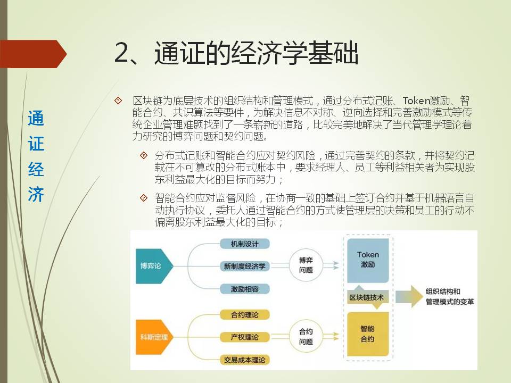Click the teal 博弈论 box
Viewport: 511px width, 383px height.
tap(153, 266)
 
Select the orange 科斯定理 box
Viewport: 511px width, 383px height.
tap(153, 337)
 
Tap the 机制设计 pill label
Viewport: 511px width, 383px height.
tap(245, 244)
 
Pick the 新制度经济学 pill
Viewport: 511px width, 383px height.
tap(245, 266)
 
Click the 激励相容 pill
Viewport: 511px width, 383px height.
tap(245, 289)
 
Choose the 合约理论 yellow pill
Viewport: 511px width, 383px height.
tap(245, 314)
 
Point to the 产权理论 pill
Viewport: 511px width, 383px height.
tap(245, 337)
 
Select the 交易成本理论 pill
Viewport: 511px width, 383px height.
tap(245, 360)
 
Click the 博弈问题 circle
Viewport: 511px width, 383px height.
tap(306, 265)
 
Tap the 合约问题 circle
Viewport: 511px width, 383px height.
tap(306, 336)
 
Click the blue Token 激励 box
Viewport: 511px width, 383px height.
tap(368, 261)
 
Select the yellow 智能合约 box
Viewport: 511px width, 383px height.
tap(368, 334)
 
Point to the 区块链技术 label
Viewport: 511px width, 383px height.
tap(366, 297)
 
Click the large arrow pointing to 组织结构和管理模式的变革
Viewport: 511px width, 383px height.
tap(409, 296)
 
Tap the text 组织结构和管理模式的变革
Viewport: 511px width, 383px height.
tap(450, 297)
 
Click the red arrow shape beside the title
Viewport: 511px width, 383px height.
tap(32, 54)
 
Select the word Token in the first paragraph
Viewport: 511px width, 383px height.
tap(416, 101)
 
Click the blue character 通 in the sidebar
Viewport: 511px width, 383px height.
tap(36, 118)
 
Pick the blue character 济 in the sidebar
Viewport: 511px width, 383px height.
tap(36, 195)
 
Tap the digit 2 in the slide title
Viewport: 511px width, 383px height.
tap(122, 53)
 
